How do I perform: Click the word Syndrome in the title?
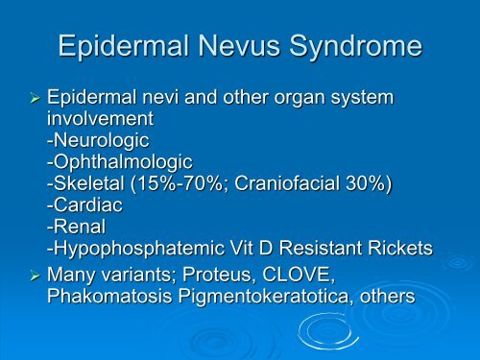(x=355, y=47)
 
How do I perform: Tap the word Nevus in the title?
(x=239, y=46)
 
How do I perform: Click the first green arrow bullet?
(x=35, y=98)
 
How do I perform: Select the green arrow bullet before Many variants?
(x=35, y=276)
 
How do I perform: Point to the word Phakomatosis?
(x=109, y=296)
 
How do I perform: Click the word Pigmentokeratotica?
(x=263, y=297)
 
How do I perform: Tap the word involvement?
(x=100, y=119)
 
